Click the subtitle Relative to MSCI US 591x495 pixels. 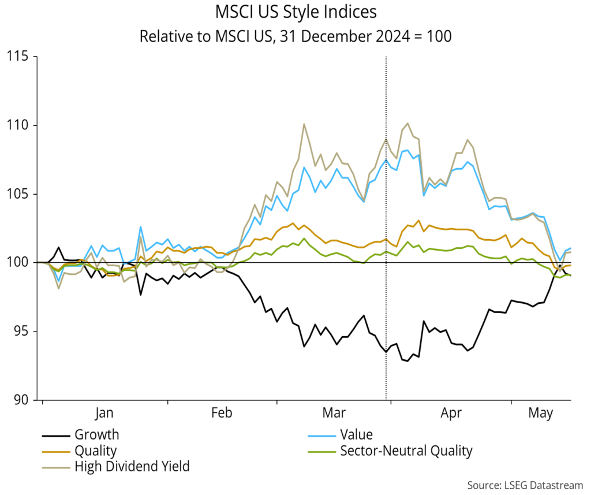point(295,36)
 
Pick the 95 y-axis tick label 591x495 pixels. point(20,332)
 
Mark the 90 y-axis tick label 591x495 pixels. point(20,400)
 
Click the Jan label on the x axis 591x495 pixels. point(104,414)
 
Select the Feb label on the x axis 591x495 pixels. point(222,414)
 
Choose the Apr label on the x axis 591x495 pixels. point(451,414)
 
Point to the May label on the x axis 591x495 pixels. point(541,414)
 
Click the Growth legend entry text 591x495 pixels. point(96,435)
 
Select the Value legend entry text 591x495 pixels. point(356,435)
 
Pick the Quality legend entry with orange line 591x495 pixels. point(95,451)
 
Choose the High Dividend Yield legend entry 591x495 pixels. point(132,466)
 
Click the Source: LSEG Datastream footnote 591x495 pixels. point(525,483)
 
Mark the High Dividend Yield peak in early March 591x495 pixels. point(304,124)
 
